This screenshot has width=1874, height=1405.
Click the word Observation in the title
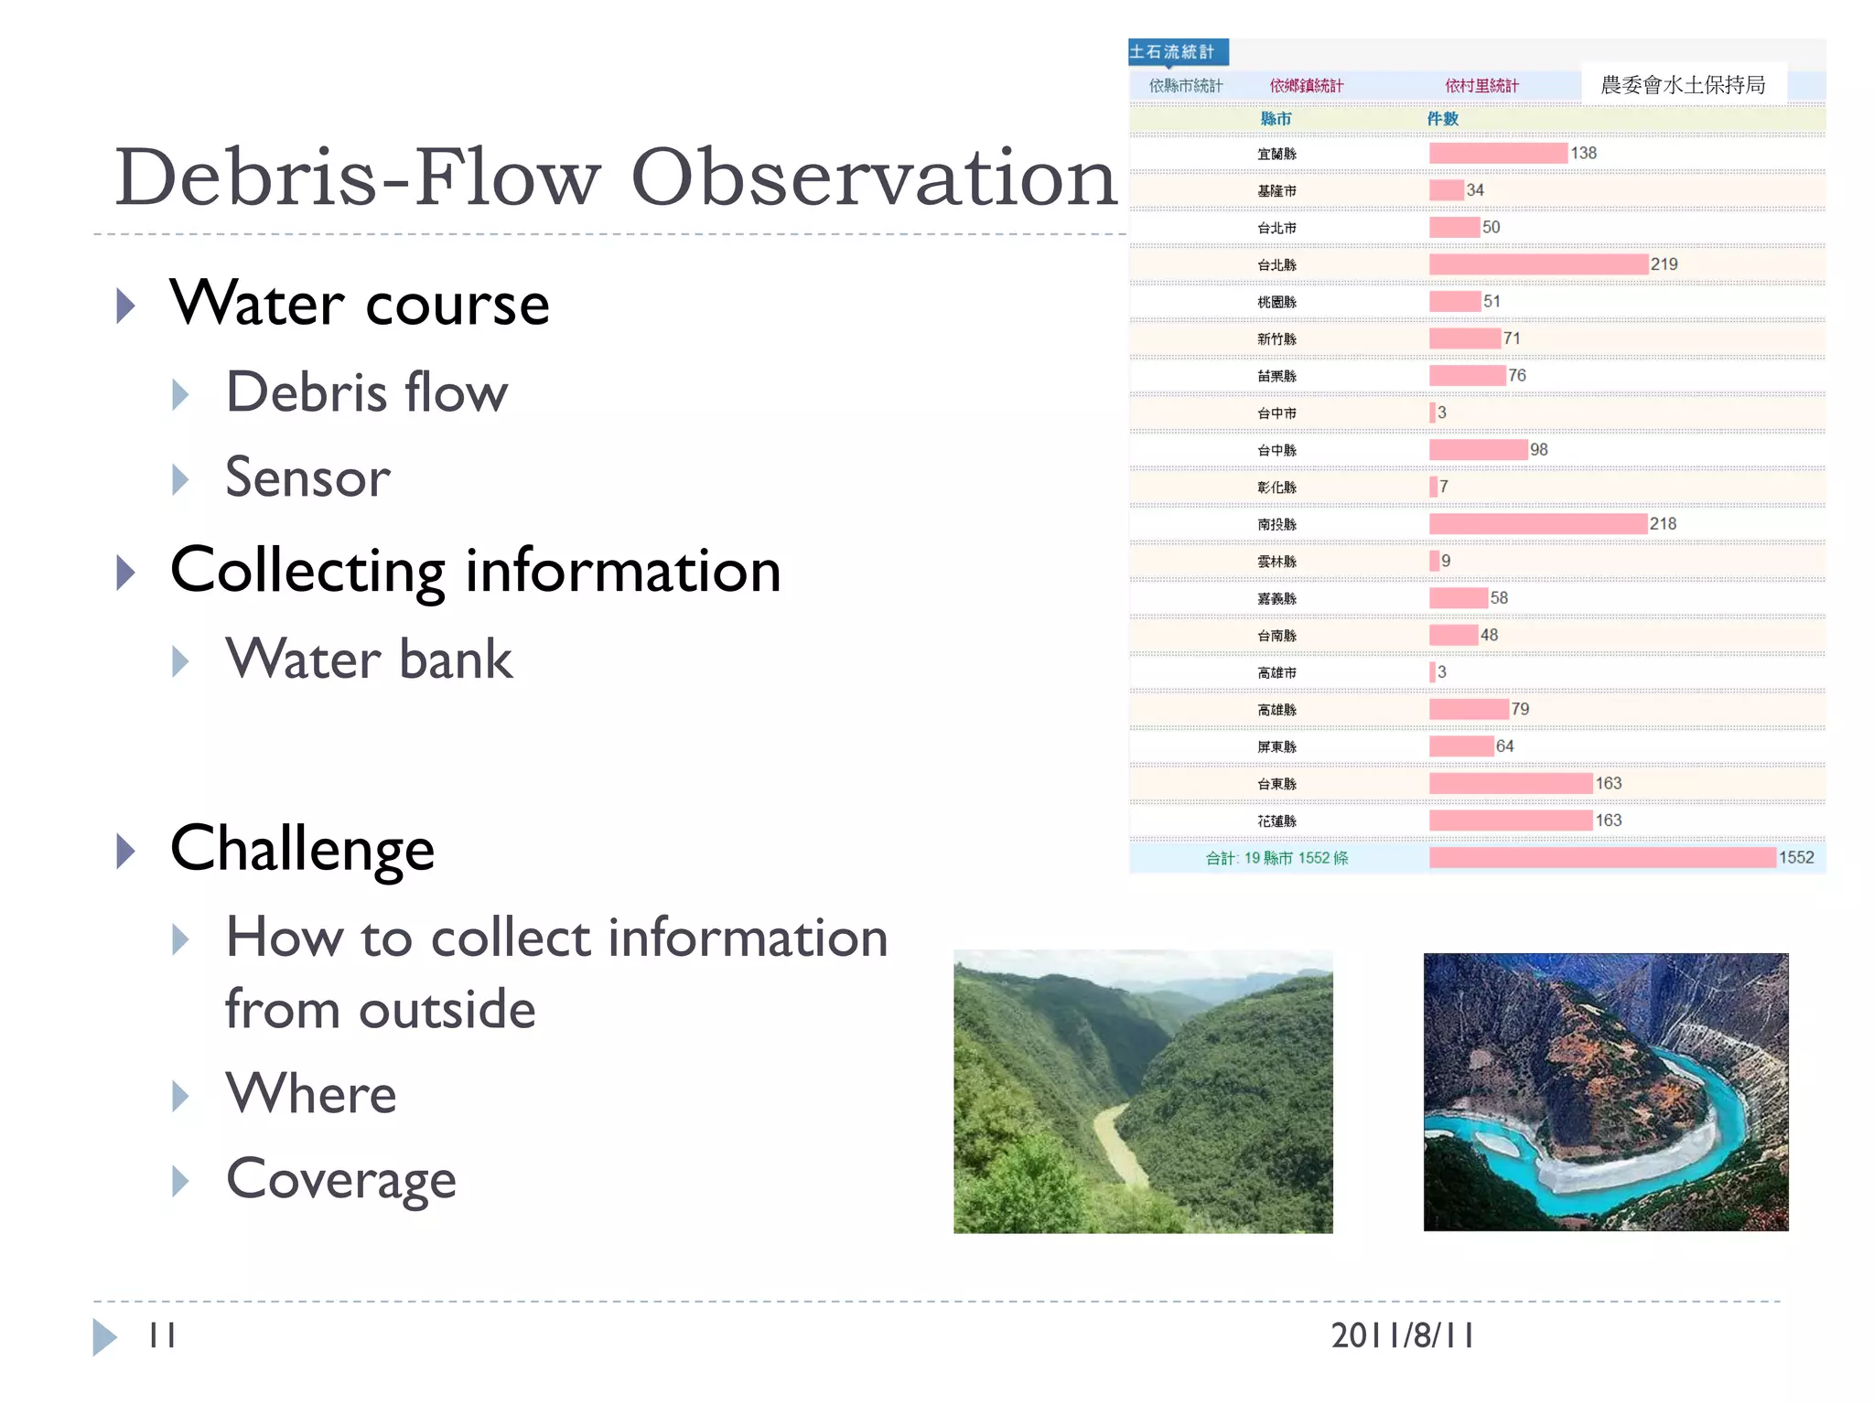click(874, 178)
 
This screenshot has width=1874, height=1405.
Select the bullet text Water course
click(360, 304)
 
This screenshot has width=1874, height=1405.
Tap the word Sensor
click(307, 477)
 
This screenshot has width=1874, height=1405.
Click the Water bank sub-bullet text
click(369, 660)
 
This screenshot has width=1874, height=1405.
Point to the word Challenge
click(302, 850)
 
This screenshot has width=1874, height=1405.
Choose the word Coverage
click(340, 1179)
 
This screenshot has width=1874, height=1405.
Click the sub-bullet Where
click(311, 1094)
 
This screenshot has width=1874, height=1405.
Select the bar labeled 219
click(1537, 264)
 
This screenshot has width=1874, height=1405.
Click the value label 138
click(1583, 154)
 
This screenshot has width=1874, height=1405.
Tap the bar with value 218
click(1537, 524)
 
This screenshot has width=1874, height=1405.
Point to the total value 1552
click(1795, 858)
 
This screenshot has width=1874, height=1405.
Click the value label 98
click(1539, 450)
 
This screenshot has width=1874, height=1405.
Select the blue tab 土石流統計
click(1177, 52)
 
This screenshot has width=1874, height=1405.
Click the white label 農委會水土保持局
click(1682, 85)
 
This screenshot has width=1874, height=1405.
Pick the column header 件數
click(1442, 119)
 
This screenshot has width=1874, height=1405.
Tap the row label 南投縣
click(1276, 525)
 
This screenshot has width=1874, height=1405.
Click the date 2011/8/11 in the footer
click(1402, 1335)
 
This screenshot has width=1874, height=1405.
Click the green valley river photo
click(1142, 1091)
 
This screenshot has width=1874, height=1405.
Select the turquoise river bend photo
click(1605, 1091)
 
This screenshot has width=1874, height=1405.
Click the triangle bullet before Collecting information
click(126, 573)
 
